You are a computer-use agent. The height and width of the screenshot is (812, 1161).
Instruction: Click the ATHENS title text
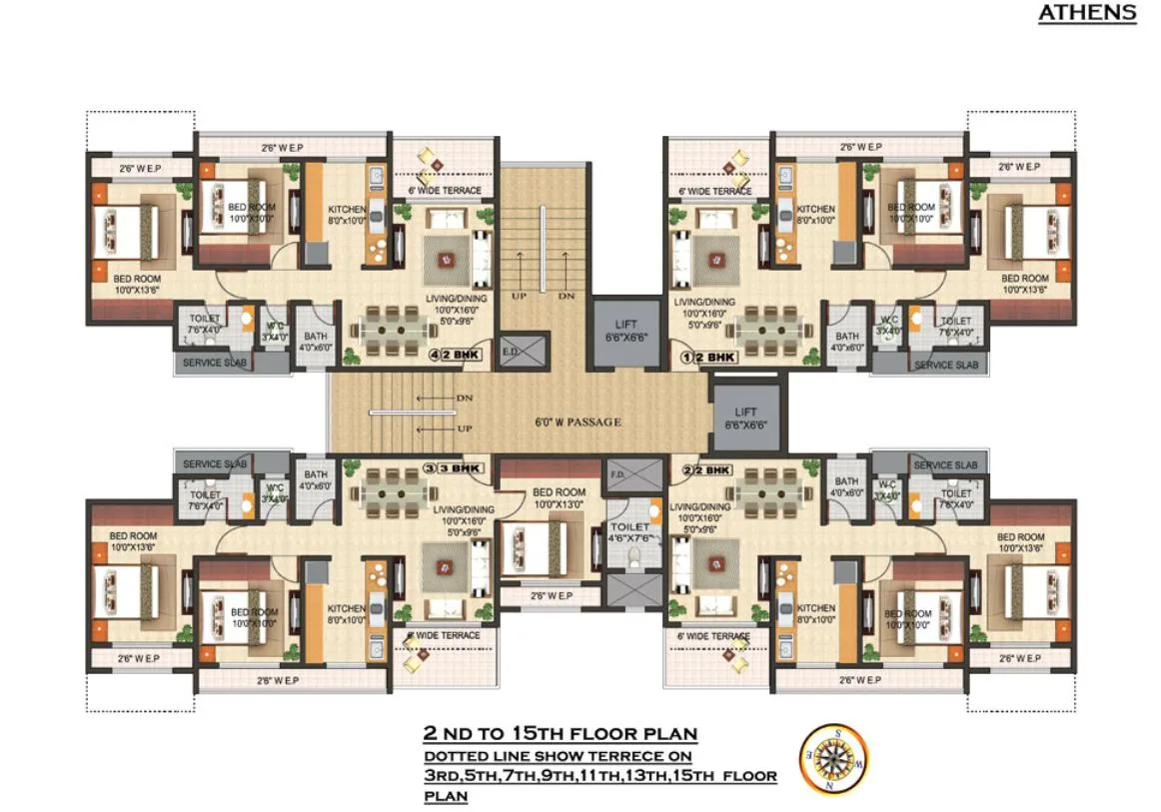(1087, 13)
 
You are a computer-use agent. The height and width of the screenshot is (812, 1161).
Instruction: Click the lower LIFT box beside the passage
(745, 417)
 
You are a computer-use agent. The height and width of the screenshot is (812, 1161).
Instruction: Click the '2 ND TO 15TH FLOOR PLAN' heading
(560, 734)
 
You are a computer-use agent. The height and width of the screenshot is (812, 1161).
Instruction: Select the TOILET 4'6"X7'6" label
(629, 532)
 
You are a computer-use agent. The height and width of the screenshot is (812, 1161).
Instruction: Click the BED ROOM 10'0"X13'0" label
(559, 498)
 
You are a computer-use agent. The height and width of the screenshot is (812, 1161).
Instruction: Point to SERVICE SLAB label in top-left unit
(215, 364)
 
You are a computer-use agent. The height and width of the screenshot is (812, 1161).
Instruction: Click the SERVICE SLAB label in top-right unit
(945, 365)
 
